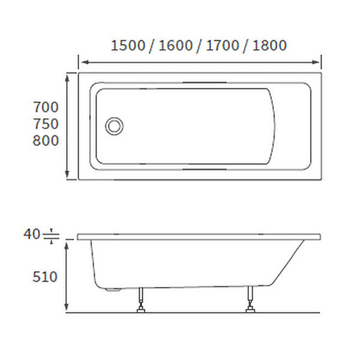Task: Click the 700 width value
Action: (x=46, y=108)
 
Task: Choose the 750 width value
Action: (x=46, y=124)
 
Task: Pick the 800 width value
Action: (x=46, y=141)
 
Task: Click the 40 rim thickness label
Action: (x=31, y=234)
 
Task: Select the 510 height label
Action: (x=46, y=277)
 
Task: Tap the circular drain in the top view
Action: (x=114, y=126)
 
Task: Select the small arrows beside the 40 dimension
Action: (x=52, y=235)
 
